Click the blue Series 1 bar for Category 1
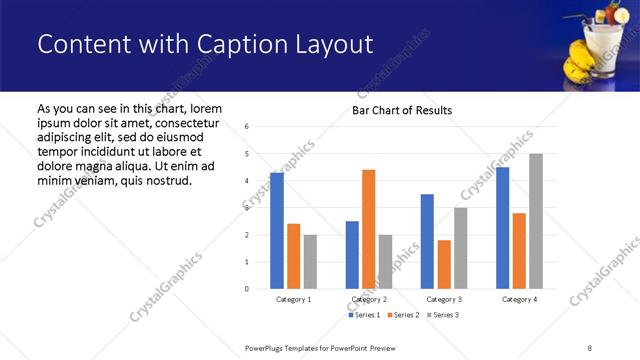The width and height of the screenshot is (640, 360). tap(277, 230)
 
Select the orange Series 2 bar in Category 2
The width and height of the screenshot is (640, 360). tap(368, 229)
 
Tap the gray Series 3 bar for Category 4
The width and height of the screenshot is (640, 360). tap(535, 221)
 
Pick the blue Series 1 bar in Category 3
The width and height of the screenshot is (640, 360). tap(427, 241)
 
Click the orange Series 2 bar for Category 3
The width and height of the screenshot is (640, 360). tap(444, 264)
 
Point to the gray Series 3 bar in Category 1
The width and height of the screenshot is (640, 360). tap(310, 262)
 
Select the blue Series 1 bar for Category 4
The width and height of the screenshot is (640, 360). tap(502, 228)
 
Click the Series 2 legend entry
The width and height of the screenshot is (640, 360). tap(403, 315)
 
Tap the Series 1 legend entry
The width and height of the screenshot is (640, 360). tap(365, 315)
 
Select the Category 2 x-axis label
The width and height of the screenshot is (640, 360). tap(368, 300)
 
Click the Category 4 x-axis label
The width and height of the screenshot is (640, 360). tap(518, 300)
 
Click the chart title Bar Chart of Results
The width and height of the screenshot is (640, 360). tap(402, 110)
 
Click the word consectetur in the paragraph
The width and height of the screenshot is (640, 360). tap(187, 122)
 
